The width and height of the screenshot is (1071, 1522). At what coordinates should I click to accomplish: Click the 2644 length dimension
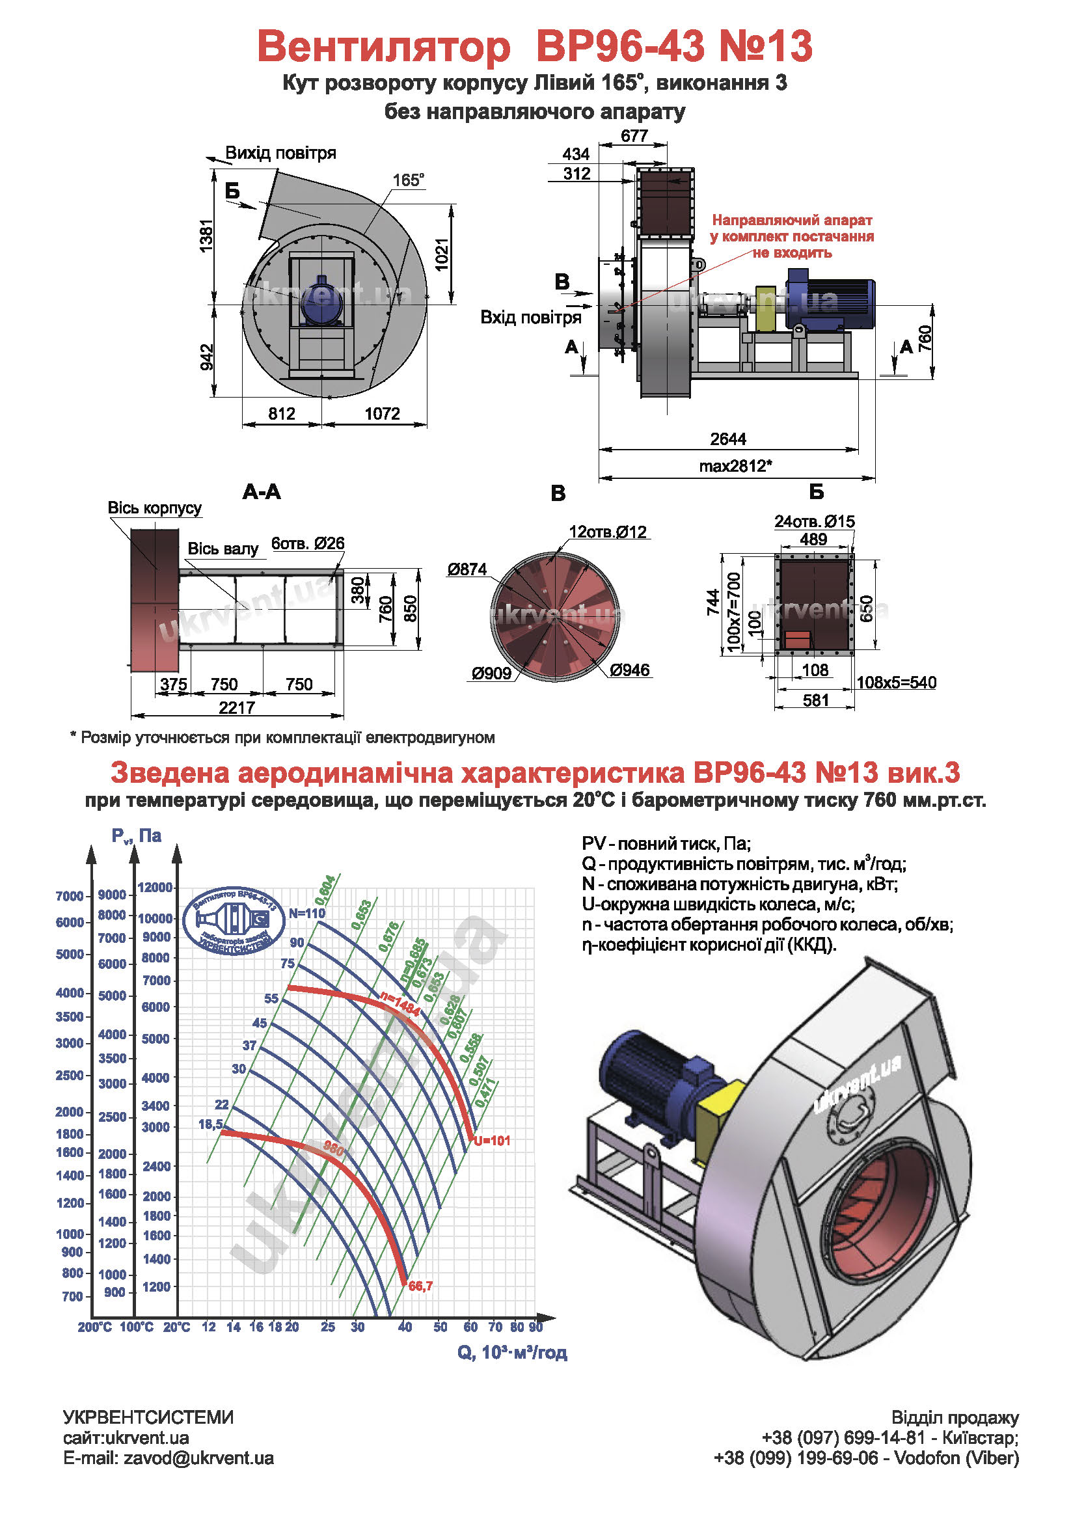[727, 439]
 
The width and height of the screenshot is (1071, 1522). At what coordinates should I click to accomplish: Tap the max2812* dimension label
[735, 466]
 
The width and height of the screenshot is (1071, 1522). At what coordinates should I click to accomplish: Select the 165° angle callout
[408, 180]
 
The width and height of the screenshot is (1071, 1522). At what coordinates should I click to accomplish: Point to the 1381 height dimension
[207, 236]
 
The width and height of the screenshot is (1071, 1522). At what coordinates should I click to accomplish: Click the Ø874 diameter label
[467, 569]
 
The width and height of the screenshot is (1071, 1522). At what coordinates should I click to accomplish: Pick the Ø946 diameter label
[630, 670]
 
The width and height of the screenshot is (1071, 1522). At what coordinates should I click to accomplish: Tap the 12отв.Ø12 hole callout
[608, 532]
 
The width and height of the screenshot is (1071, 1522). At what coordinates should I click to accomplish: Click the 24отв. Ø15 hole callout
[815, 522]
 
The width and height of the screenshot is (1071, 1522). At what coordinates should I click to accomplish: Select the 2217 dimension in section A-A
[237, 708]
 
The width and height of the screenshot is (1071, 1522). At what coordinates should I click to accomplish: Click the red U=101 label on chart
[493, 1141]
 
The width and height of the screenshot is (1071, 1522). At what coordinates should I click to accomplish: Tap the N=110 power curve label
[307, 914]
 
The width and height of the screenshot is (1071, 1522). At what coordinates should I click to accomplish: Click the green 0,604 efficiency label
[325, 890]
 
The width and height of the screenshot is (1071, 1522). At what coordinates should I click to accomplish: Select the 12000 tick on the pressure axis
[155, 888]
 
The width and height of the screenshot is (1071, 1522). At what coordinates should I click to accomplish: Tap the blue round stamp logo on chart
[234, 920]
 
